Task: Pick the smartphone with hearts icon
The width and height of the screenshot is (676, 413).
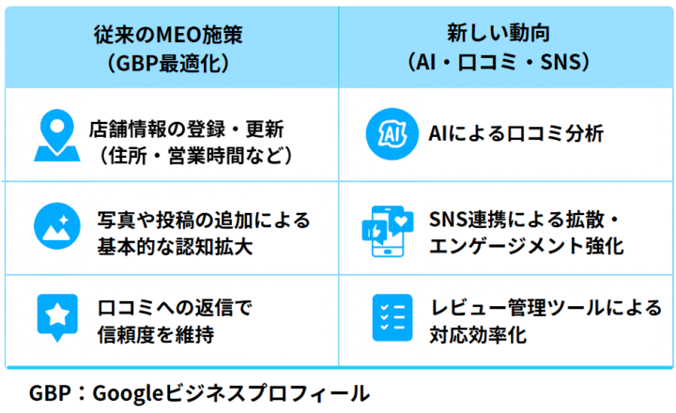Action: (388, 230)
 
